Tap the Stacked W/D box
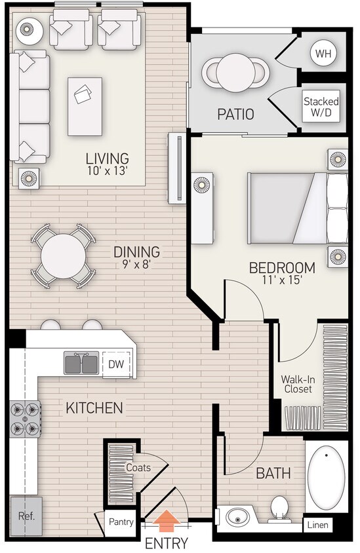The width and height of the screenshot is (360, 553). tap(321, 107)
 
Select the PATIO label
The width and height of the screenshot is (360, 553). tap(235, 115)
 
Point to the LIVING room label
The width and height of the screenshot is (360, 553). tap(107, 159)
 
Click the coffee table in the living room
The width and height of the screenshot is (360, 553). tap(85, 106)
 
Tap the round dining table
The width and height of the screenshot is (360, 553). tap(63, 256)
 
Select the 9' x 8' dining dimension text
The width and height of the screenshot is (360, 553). tap(136, 266)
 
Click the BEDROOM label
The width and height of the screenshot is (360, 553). tap(282, 268)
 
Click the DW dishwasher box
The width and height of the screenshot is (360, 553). tap(115, 364)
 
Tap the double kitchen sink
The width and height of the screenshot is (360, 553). tap(81, 362)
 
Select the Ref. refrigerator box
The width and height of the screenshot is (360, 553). tap(26, 516)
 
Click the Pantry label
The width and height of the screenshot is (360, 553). tap(122, 522)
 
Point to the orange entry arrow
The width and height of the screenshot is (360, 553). tap(167, 521)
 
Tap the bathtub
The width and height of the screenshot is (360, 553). tap(326, 476)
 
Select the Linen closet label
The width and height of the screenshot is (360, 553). tap(318, 525)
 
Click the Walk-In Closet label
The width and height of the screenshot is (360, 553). tap(296, 384)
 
